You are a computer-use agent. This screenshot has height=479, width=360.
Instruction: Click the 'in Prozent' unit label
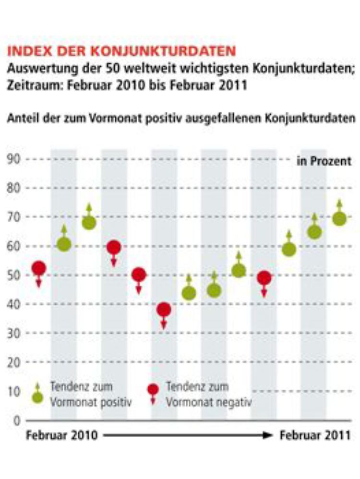click(x=324, y=161)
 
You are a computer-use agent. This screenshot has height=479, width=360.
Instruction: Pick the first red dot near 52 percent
click(x=39, y=268)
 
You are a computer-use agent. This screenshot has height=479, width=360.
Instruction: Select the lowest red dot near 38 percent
click(x=164, y=310)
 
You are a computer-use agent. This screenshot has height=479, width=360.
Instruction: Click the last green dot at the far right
click(x=339, y=219)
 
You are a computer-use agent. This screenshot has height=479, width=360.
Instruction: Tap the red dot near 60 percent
click(x=114, y=248)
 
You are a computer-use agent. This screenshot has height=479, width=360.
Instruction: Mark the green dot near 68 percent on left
click(x=89, y=223)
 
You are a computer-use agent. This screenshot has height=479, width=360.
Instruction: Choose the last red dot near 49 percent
click(x=264, y=277)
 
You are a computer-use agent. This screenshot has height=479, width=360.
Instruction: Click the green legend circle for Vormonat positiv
click(x=38, y=398)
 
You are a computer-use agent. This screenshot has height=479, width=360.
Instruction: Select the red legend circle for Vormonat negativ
click(x=153, y=389)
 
